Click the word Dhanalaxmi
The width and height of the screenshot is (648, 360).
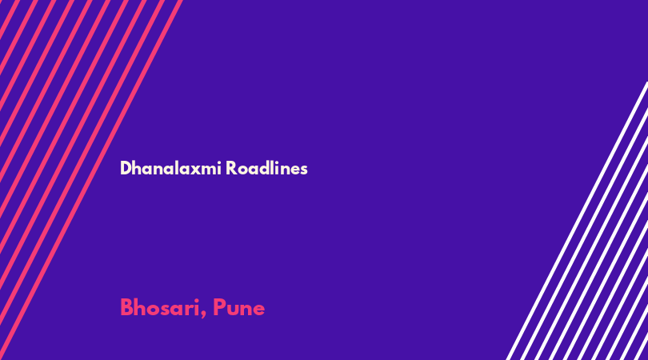click(x=170, y=168)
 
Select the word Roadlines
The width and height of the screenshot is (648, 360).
click(x=266, y=168)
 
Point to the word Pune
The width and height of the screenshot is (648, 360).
click(x=238, y=307)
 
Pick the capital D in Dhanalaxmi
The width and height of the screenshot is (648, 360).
click(x=126, y=168)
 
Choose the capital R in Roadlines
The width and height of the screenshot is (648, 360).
click(x=231, y=168)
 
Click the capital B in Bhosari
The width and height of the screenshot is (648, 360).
click(x=126, y=307)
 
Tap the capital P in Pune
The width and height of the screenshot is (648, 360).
click(x=218, y=307)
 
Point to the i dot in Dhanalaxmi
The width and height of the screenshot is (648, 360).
click(x=219, y=162)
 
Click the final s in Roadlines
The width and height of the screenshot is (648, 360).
click(x=304, y=170)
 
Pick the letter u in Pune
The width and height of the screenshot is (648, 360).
click(x=233, y=310)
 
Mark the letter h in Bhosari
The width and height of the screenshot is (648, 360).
click(x=140, y=307)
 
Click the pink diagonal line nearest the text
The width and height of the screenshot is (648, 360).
click(x=90, y=180)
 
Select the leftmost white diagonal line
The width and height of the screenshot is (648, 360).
click(x=577, y=221)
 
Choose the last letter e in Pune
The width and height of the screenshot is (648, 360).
click(x=258, y=310)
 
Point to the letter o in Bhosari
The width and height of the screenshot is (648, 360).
click(x=154, y=310)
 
